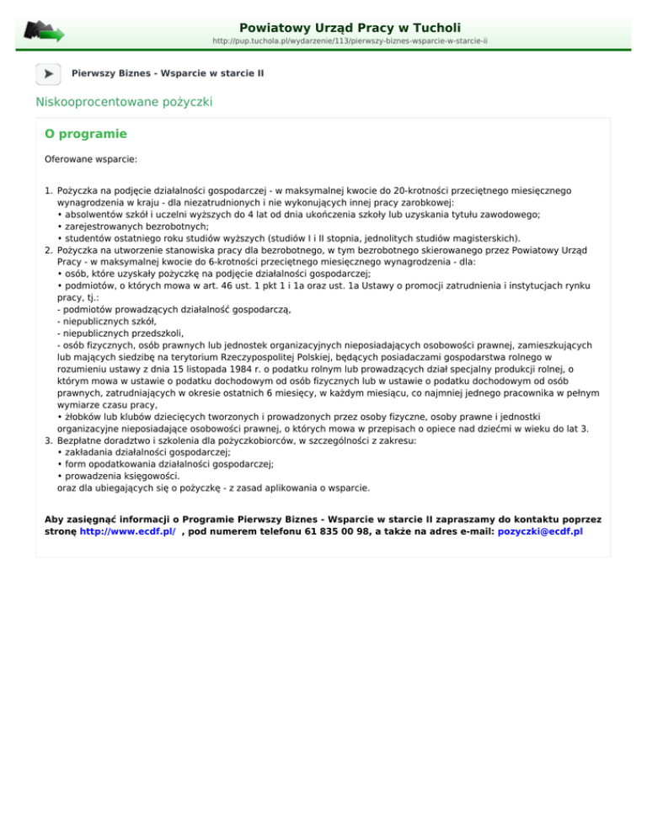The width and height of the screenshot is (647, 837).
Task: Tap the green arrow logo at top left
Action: coord(44,31)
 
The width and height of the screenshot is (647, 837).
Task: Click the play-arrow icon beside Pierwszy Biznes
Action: coord(48,74)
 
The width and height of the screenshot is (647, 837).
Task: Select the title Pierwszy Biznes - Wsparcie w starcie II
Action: coord(168,74)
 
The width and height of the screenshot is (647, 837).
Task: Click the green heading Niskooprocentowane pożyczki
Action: coord(124,102)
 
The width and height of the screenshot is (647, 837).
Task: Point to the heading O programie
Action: coord(86,134)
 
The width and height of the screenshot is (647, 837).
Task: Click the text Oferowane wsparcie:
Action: coord(91,157)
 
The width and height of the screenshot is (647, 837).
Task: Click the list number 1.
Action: coord(47,191)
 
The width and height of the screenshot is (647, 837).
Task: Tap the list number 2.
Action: coord(47,250)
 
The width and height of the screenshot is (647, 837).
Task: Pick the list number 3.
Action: coord(47,440)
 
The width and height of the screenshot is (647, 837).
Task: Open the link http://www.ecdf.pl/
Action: coord(127,532)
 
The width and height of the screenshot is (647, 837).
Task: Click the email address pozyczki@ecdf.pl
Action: coord(540,532)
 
